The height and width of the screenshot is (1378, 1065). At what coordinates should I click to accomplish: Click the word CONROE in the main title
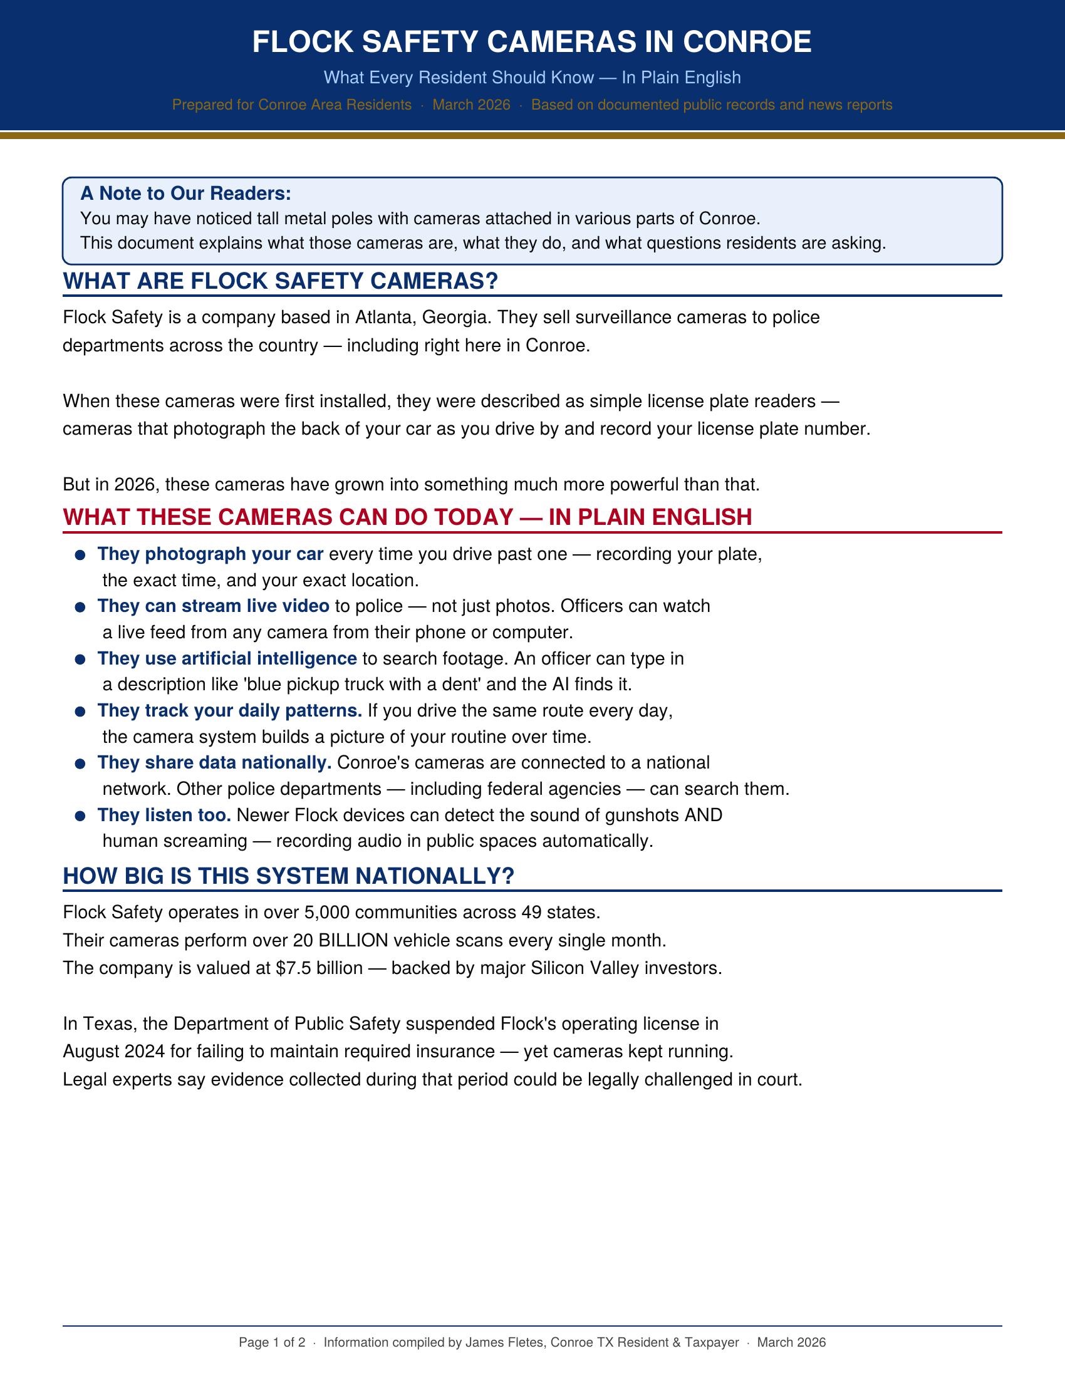(x=747, y=42)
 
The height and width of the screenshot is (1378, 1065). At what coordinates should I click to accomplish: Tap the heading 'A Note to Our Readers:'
(x=185, y=194)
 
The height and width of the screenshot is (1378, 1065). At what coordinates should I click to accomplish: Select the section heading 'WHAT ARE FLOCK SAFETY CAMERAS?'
(x=280, y=281)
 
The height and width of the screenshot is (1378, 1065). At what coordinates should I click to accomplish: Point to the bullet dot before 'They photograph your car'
(x=80, y=555)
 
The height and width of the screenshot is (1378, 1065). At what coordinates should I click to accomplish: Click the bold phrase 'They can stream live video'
(x=213, y=606)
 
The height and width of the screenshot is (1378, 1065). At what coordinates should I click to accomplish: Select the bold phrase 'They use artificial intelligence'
(x=227, y=659)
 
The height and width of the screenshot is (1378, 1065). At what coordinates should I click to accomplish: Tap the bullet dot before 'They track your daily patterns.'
(x=80, y=712)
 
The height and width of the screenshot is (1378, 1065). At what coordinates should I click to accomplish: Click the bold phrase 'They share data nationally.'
(x=214, y=763)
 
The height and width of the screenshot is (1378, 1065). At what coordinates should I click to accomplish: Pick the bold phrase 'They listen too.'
(x=164, y=815)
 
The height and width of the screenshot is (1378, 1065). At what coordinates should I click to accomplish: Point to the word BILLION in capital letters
(x=353, y=941)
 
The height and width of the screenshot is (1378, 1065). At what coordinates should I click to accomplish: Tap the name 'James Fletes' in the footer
(x=504, y=1342)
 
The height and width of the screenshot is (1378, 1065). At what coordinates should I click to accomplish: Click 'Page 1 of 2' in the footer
(x=272, y=1342)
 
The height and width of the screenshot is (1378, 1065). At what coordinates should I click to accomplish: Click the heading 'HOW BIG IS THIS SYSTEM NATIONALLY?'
(x=288, y=876)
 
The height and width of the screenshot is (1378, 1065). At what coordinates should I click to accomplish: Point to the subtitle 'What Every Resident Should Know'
(x=459, y=78)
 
